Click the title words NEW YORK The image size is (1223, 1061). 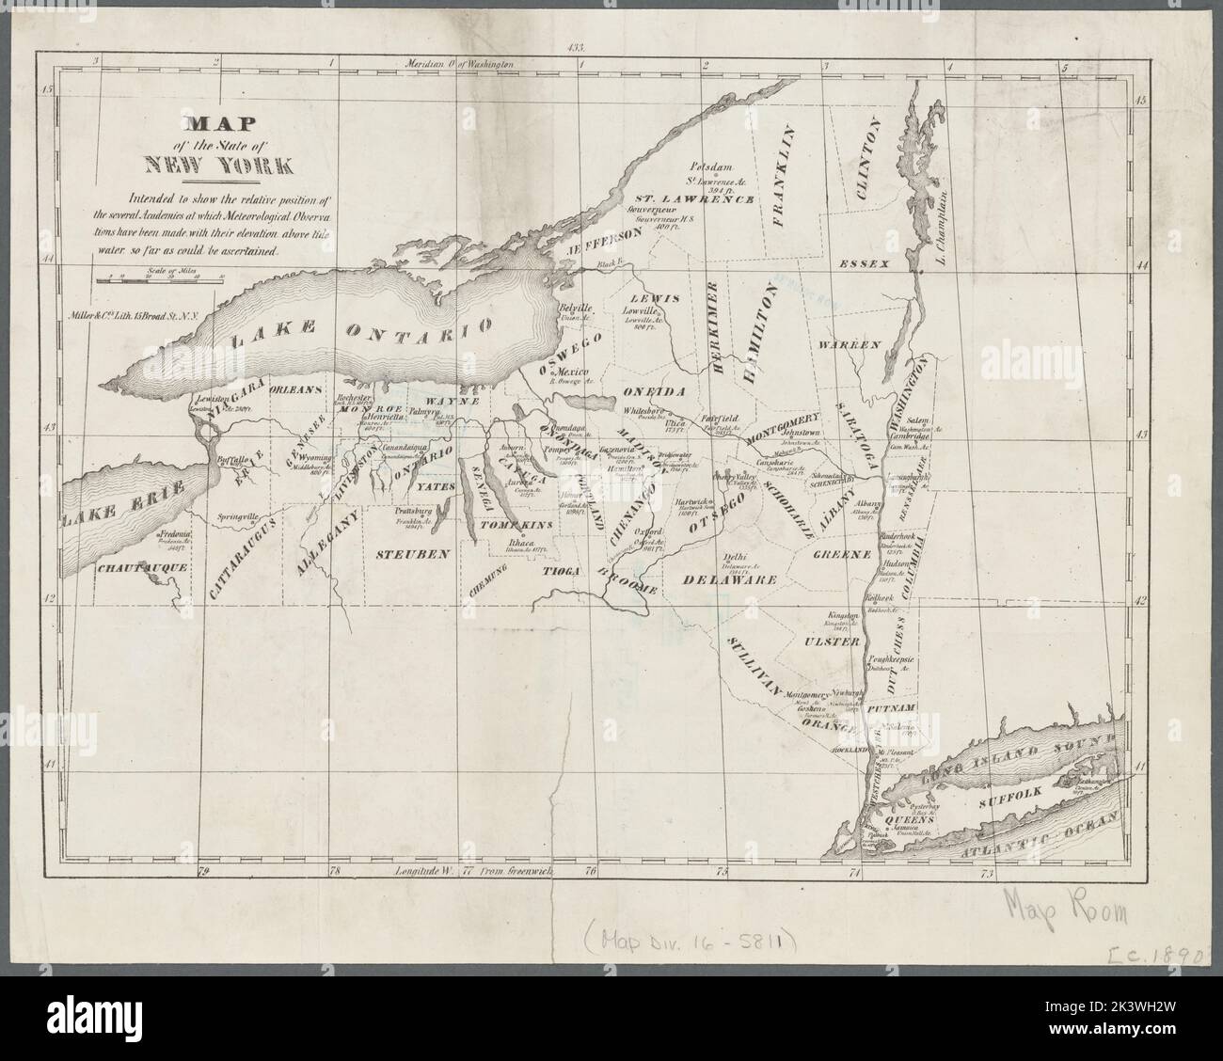coord(217,164)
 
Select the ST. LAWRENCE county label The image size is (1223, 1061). coord(693,199)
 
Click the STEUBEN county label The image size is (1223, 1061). coord(409,555)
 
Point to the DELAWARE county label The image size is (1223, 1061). coord(730,580)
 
